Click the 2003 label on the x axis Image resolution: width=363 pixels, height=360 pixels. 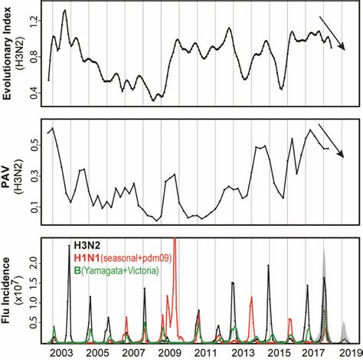coord(60,352)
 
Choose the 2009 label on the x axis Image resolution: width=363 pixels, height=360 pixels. coord(169,352)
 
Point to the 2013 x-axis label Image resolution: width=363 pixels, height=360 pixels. coord(242,352)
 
